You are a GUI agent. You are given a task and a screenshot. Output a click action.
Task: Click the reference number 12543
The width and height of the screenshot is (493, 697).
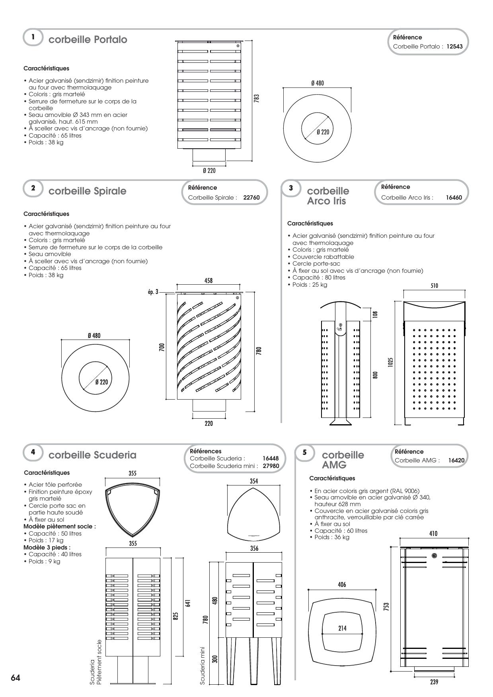(x=454, y=47)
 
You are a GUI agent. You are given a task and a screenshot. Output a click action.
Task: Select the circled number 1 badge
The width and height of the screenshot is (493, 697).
(x=33, y=37)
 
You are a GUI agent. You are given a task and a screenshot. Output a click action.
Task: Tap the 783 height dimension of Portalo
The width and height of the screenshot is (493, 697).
(x=256, y=98)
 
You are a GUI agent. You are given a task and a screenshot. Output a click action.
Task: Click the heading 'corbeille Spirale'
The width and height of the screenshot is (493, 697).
(x=87, y=191)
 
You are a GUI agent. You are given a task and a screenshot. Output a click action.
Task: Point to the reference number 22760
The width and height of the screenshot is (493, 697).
(x=251, y=198)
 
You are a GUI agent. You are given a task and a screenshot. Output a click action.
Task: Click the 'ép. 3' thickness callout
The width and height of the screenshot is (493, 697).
(x=153, y=292)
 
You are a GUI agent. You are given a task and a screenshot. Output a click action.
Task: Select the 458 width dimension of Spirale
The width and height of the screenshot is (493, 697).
(x=209, y=281)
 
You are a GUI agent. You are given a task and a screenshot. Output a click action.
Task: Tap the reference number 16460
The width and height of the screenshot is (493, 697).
(x=454, y=198)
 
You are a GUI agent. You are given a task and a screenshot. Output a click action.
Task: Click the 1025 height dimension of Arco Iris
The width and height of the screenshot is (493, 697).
(x=390, y=362)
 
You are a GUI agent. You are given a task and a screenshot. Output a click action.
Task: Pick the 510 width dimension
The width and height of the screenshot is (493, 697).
(x=434, y=285)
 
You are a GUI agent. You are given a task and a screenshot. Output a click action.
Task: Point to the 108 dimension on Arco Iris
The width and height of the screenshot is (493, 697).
(x=375, y=314)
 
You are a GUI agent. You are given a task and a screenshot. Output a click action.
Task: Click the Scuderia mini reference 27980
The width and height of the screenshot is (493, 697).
(x=271, y=466)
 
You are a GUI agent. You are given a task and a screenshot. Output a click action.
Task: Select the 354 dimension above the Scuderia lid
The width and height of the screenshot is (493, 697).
(x=254, y=481)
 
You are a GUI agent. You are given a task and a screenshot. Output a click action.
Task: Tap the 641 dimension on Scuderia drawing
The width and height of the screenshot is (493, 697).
(x=188, y=603)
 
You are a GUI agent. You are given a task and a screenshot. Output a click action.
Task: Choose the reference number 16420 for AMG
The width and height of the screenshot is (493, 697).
(x=456, y=460)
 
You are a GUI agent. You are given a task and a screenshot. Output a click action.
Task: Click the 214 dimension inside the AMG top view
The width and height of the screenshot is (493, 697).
(x=342, y=628)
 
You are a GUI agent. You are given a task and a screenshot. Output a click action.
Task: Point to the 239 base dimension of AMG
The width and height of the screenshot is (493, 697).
(x=434, y=682)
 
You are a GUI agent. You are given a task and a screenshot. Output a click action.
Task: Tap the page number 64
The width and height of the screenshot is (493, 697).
(x=16, y=678)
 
